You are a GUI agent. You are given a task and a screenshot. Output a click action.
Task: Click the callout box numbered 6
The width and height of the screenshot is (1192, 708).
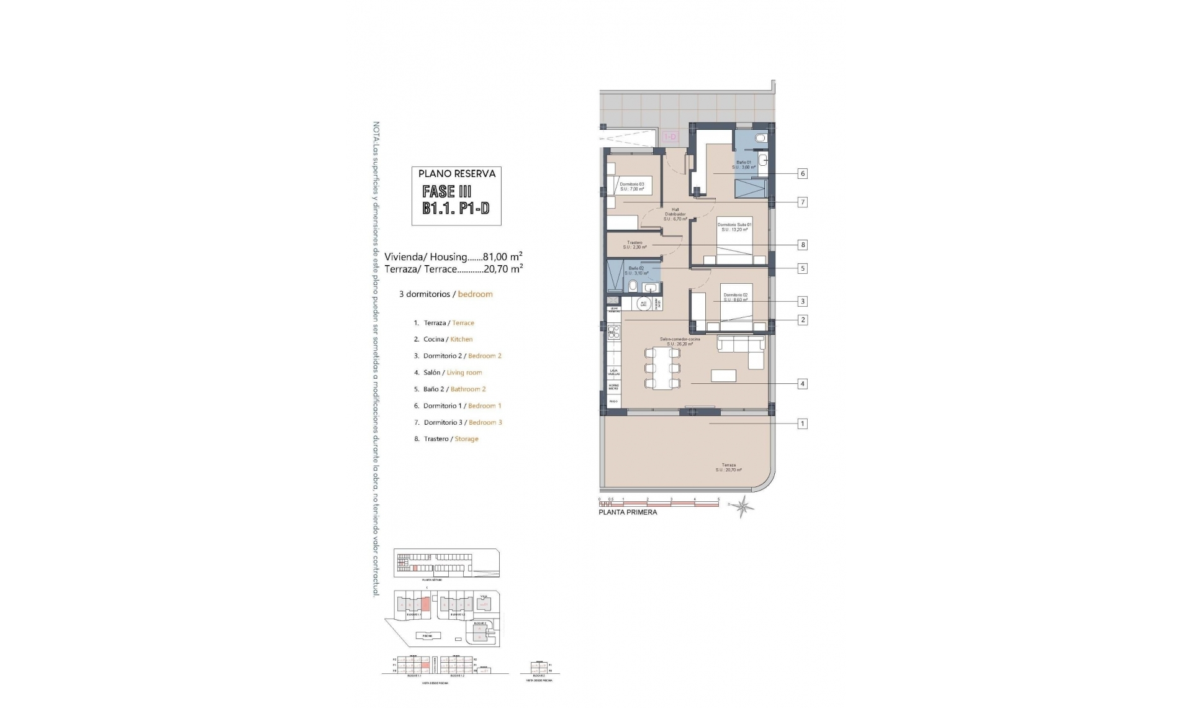(802, 174)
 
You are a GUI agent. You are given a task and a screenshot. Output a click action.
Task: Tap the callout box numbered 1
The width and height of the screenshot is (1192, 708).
(802, 424)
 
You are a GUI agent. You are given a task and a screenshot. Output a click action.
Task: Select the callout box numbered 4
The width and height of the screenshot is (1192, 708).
(802, 384)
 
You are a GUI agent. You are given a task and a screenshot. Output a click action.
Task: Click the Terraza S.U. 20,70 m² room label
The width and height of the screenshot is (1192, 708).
(728, 467)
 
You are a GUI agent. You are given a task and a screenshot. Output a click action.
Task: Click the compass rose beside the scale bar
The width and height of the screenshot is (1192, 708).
(743, 507)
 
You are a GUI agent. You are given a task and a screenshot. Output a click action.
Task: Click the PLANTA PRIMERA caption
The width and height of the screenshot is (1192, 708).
(627, 512)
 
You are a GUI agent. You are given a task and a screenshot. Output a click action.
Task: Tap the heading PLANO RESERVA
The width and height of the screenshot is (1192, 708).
(456, 174)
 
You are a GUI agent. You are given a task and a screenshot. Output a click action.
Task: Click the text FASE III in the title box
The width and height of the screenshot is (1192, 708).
(446, 191)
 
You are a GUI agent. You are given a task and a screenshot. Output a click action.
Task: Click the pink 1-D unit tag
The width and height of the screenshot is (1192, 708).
(669, 137)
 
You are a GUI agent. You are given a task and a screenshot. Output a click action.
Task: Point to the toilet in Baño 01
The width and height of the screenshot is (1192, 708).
(760, 138)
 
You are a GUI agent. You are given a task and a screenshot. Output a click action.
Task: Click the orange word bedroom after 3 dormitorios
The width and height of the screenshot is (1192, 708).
(475, 294)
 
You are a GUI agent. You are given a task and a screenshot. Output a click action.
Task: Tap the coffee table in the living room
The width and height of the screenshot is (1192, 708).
(723, 376)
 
